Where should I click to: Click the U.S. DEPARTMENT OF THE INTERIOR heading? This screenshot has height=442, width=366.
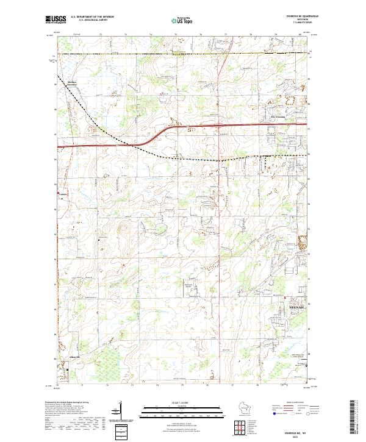[92, 17]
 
